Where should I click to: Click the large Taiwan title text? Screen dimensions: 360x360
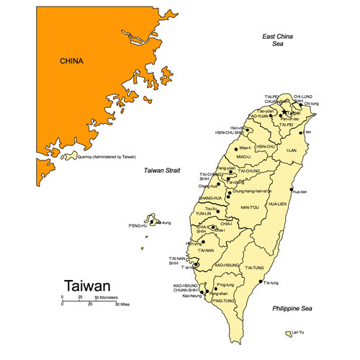point(88,286)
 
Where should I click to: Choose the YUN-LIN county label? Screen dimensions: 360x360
point(203,214)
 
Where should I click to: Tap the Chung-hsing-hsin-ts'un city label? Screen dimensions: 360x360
point(252,191)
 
